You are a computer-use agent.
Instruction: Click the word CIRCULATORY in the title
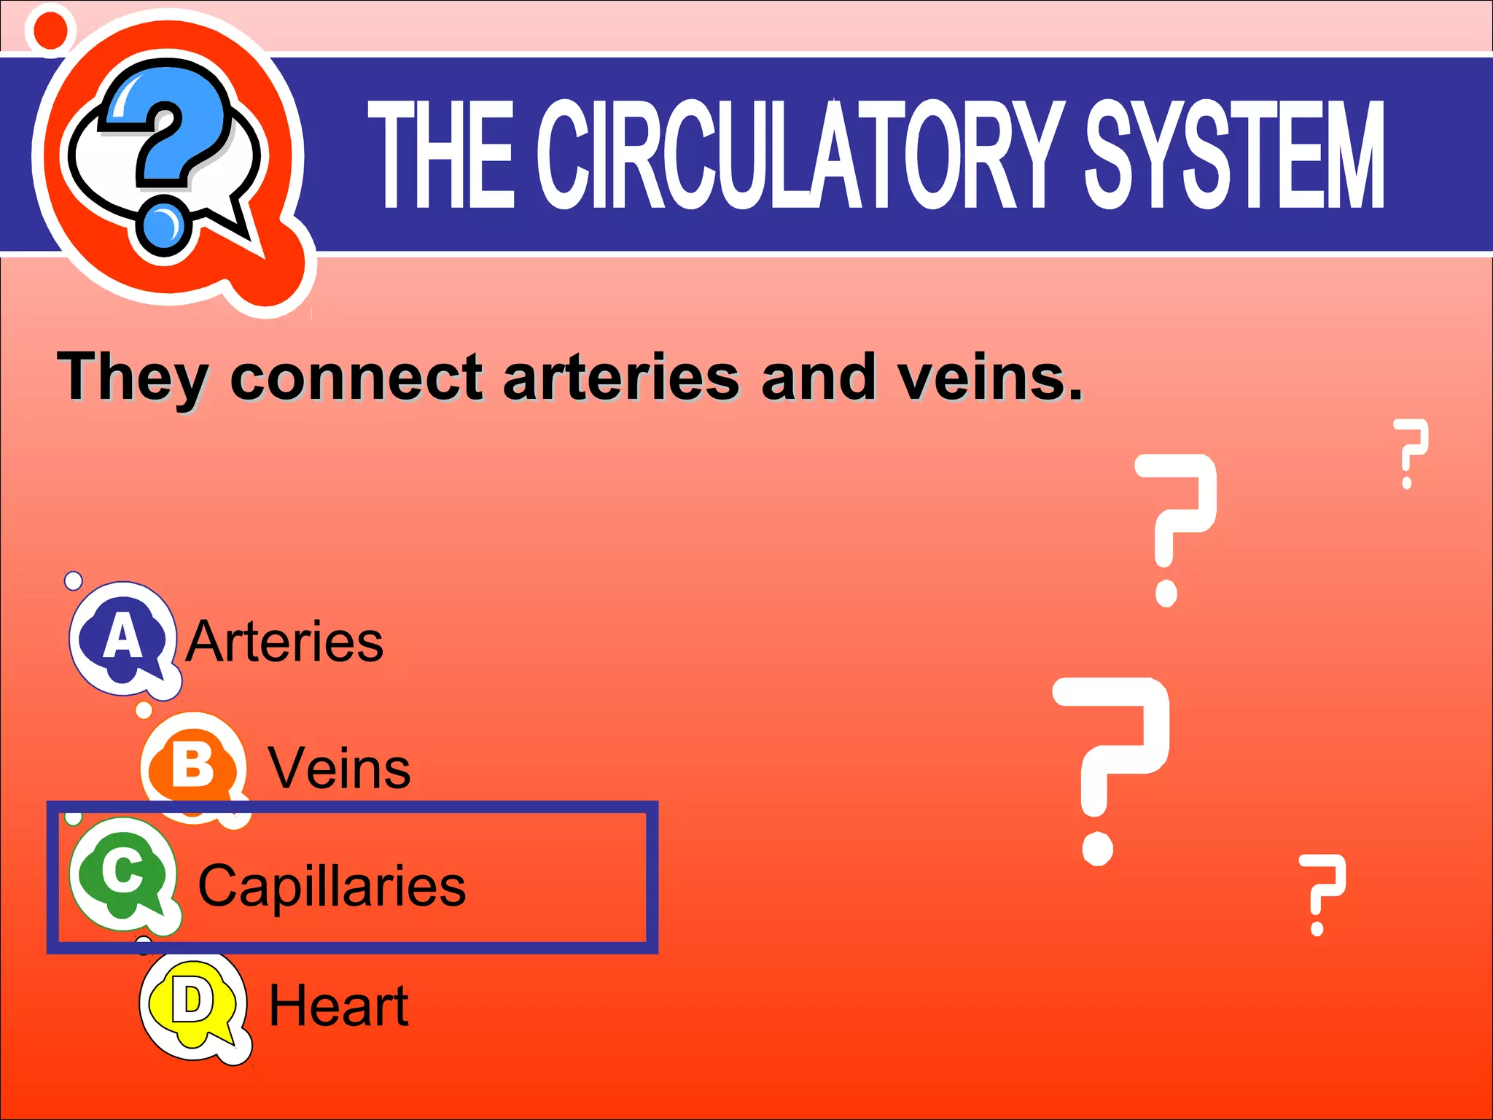coord(798,155)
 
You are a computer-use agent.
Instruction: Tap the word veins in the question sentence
coord(989,377)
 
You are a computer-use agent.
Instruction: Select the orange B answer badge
coord(192,766)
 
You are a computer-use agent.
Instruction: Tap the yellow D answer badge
coord(192,1005)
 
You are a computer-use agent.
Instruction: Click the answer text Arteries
coord(284,642)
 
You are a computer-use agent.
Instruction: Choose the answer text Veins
coord(340,769)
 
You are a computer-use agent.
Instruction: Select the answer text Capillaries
coord(332,887)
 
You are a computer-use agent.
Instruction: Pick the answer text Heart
coord(338,1006)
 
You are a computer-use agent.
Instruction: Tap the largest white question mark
coord(1112,766)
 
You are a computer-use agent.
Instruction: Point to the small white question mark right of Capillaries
coord(1321,893)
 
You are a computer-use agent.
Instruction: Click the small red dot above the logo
coord(50,30)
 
